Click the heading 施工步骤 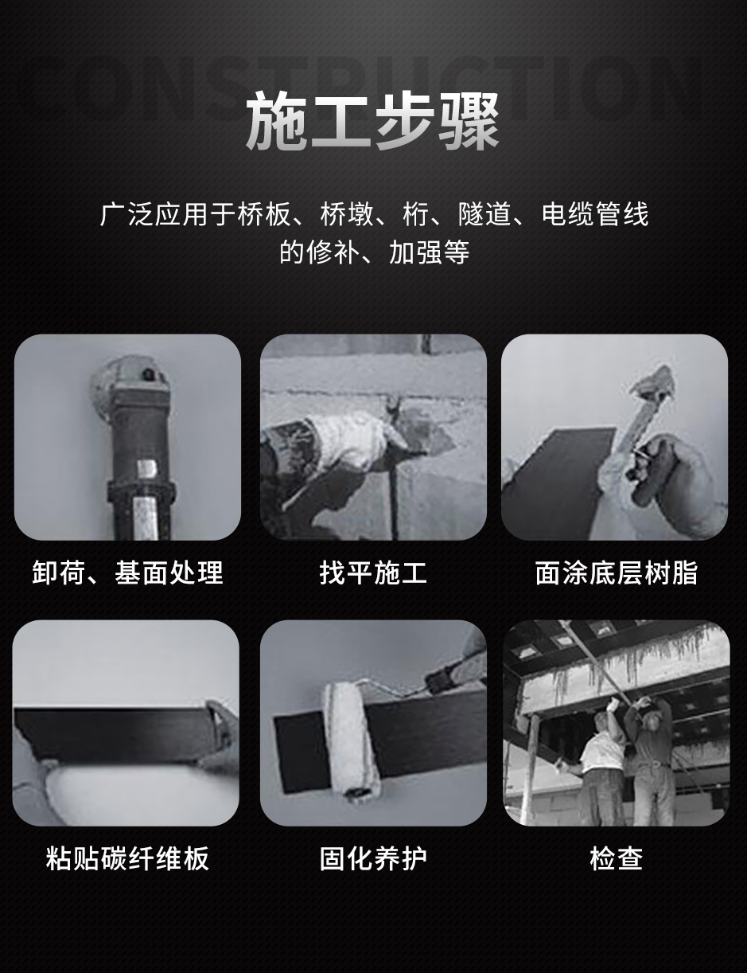coord(372,121)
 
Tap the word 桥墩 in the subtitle coord(347,214)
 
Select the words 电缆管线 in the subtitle coord(595,214)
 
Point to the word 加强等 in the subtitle coord(430,252)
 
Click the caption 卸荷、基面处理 coord(127,572)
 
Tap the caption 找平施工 coord(373,572)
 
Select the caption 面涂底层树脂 coord(616,572)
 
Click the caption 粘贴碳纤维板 coord(127,858)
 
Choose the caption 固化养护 coord(373,858)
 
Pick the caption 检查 coord(616,858)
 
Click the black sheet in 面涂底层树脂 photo coord(557,478)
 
